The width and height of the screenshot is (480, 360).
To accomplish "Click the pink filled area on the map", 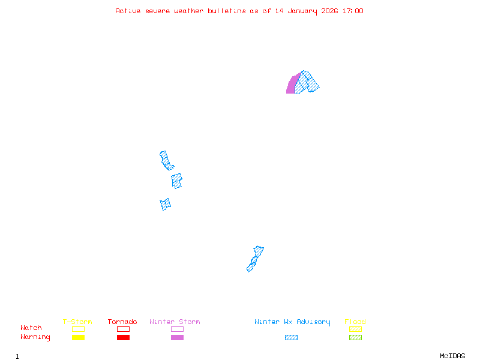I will (292, 86).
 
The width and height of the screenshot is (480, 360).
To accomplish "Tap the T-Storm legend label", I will (77, 322).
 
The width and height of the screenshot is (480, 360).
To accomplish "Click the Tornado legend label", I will (122, 322).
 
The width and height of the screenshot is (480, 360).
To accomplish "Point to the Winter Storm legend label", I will (175, 322).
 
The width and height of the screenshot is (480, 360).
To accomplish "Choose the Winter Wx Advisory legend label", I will (292, 322).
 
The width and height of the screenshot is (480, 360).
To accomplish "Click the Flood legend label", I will (355, 322).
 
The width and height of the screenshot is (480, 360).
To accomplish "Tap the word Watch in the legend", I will (31, 328).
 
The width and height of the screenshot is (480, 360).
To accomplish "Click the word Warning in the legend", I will (35, 337).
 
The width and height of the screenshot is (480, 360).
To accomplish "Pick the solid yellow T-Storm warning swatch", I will (78, 338).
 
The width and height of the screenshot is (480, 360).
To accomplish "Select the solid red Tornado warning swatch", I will (123, 338).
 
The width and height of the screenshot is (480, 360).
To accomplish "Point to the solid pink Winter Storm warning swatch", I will (177, 338).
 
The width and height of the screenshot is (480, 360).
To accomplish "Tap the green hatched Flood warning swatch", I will (355, 338).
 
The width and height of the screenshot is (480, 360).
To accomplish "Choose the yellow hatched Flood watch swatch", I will (355, 329).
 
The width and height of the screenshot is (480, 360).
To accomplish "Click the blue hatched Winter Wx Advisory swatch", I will (291, 338).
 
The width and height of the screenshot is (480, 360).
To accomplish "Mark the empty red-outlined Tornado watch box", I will (123, 329).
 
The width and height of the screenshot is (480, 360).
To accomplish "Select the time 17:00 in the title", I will (352, 11).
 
